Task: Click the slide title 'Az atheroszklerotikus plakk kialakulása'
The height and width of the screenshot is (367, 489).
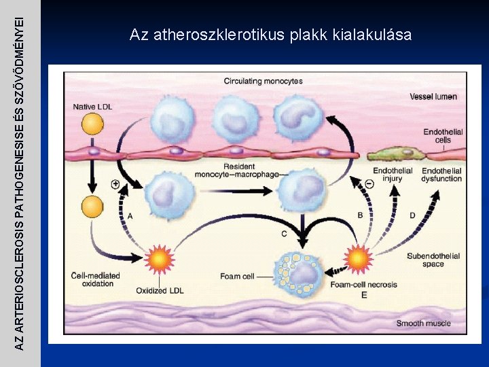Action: (x=270, y=35)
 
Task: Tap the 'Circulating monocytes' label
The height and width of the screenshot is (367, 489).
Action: (x=264, y=82)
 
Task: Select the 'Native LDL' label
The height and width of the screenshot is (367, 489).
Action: (x=93, y=107)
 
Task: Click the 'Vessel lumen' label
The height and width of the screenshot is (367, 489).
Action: (x=433, y=97)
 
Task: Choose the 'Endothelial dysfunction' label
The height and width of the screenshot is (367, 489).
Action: (x=441, y=175)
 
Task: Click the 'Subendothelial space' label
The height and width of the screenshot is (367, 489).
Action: (x=433, y=260)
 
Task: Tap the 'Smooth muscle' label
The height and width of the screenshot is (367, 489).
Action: (x=424, y=323)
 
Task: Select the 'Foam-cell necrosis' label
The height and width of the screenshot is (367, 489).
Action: (x=365, y=284)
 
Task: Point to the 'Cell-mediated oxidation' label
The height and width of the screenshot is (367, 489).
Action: (x=96, y=279)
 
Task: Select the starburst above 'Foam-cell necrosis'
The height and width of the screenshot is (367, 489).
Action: (x=358, y=258)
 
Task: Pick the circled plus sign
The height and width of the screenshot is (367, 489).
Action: (x=115, y=184)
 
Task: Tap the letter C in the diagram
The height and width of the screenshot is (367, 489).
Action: (x=284, y=234)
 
